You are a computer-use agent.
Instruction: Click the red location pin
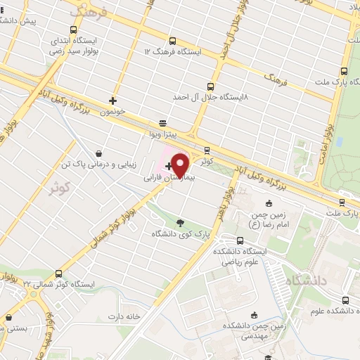point(180,165)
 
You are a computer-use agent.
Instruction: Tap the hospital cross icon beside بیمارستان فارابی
point(168,167)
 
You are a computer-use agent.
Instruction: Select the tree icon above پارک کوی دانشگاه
point(181,222)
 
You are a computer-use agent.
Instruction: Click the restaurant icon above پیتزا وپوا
point(163,120)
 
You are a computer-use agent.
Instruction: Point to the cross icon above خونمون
point(112,101)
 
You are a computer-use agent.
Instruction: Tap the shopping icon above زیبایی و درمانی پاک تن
point(98,153)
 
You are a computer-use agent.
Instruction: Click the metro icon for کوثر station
point(207,150)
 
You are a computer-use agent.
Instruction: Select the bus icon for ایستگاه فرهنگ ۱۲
point(173,41)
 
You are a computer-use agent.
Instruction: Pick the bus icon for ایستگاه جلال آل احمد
point(214,87)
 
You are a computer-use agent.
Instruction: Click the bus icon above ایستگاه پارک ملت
point(343,71)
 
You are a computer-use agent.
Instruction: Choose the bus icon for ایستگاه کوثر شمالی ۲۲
point(58,274)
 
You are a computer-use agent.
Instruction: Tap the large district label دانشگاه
point(303,281)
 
